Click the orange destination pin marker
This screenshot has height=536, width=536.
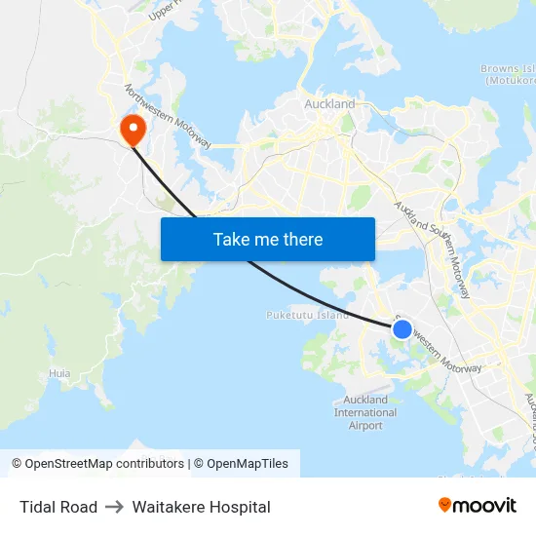pos(130,129)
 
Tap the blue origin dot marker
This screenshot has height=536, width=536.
pos(402,329)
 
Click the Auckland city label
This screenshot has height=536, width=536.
pos(329,103)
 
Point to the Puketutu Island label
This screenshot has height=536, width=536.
pos(307,315)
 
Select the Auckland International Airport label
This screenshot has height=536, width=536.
pos(365,412)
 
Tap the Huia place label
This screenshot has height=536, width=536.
pos(59,373)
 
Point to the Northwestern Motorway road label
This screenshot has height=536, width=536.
pos(167,116)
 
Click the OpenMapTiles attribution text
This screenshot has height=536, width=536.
pos(248,464)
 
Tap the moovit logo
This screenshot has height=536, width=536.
pos(477,505)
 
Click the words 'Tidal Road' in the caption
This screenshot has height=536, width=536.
pos(58,507)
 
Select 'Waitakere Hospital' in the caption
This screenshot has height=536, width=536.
pos(201,507)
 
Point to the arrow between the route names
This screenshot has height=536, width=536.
pos(115,507)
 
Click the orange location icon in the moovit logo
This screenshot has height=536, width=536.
pos(445,505)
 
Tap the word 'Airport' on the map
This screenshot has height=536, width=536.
pos(365,426)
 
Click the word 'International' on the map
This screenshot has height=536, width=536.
pos(365,412)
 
